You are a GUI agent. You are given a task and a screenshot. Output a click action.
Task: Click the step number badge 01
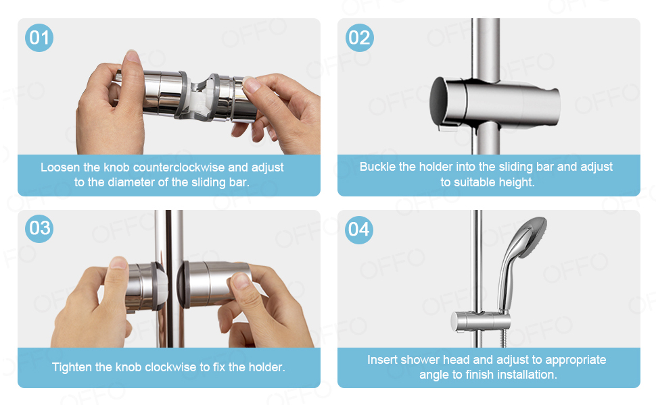click(39, 37)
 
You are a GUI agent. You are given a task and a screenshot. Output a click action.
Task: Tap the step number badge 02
click(359, 37)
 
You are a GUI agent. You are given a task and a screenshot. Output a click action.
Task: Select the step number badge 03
click(39, 228)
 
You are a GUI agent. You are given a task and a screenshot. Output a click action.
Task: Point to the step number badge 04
click(359, 229)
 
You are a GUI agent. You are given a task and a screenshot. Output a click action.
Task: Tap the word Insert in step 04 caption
click(383, 360)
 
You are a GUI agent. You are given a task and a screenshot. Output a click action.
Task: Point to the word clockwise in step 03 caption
click(181, 368)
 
